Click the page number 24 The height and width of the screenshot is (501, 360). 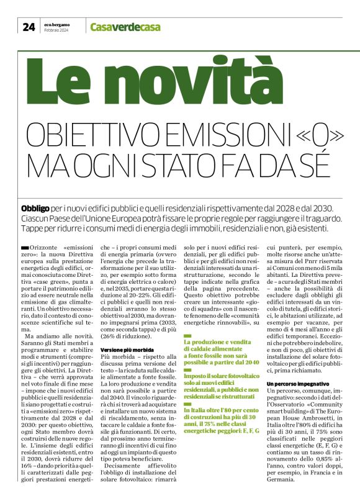pos(29,26)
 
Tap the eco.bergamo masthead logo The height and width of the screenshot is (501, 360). pos(58,24)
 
